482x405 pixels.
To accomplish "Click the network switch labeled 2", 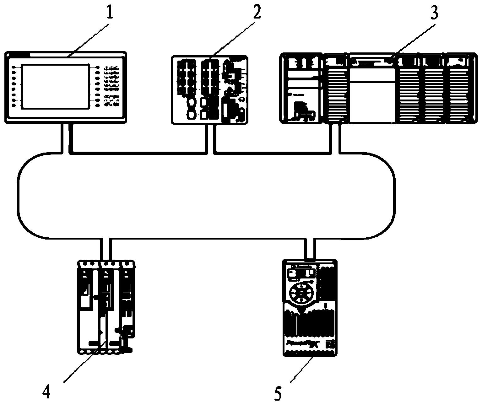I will click(x=210, y=90).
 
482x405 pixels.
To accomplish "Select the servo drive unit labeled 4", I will click(x=106, y=307).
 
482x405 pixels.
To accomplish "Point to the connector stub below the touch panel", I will click(x=67, y=138).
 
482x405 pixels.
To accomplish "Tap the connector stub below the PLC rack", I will click(x=335, y=138).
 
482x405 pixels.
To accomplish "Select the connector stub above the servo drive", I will click(x=106, y=249).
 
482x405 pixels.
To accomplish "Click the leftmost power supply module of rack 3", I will click(x=301, y=88).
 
